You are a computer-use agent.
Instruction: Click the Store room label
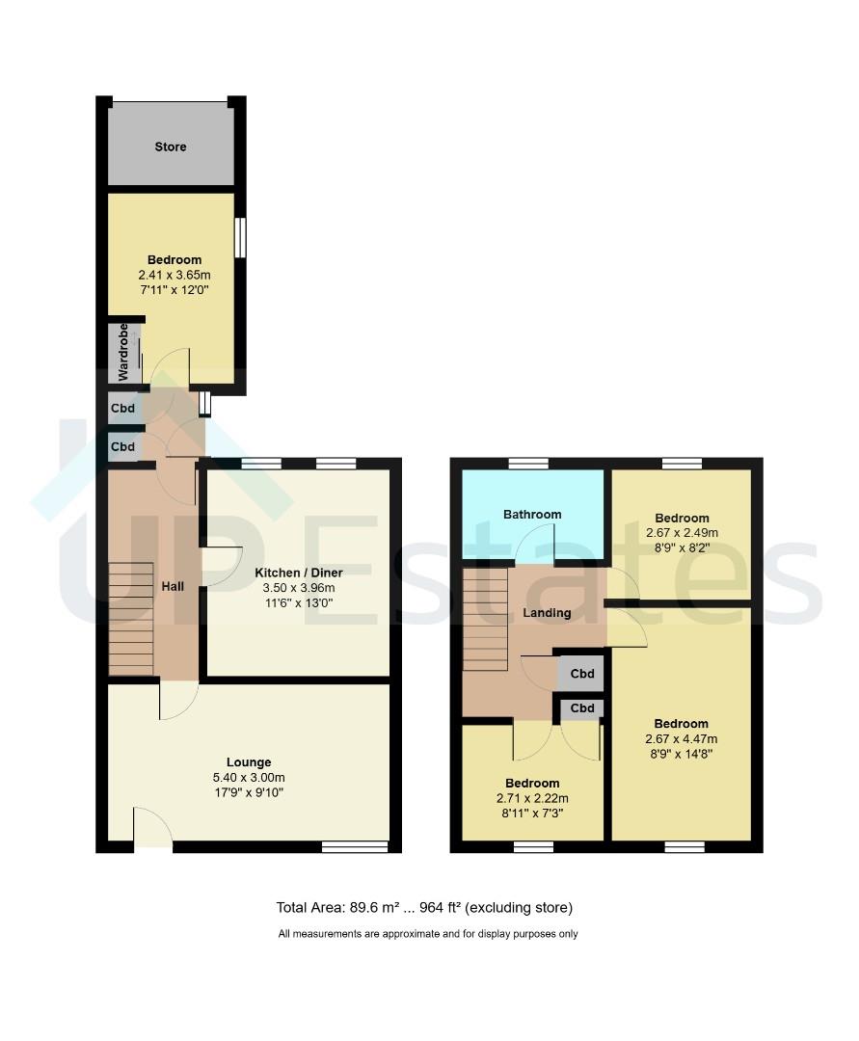(x=171, y=147)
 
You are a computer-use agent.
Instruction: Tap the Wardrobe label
(x=123, y=353)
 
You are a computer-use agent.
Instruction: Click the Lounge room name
(x=249, y=762)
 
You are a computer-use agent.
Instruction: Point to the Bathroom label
(x=532, y=515)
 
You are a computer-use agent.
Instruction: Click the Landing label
(x=547, y=613)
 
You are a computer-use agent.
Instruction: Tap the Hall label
(x=173, y=586)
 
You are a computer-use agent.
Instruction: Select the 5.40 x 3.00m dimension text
(x=249, y=778)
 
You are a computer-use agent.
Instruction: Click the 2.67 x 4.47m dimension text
(x=681, y=739)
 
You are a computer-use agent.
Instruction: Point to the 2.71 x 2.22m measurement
(x=532, y=798)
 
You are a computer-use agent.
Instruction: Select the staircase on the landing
(x=485, y=619)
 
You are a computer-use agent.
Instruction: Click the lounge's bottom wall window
(x=355, y=847)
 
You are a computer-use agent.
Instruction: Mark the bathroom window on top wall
(x=528, y=464)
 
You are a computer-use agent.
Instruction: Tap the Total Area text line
(x=424, y=907)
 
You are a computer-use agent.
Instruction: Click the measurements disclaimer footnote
(x=428, y=933)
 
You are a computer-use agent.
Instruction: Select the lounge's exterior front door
(x=152, y=831)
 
